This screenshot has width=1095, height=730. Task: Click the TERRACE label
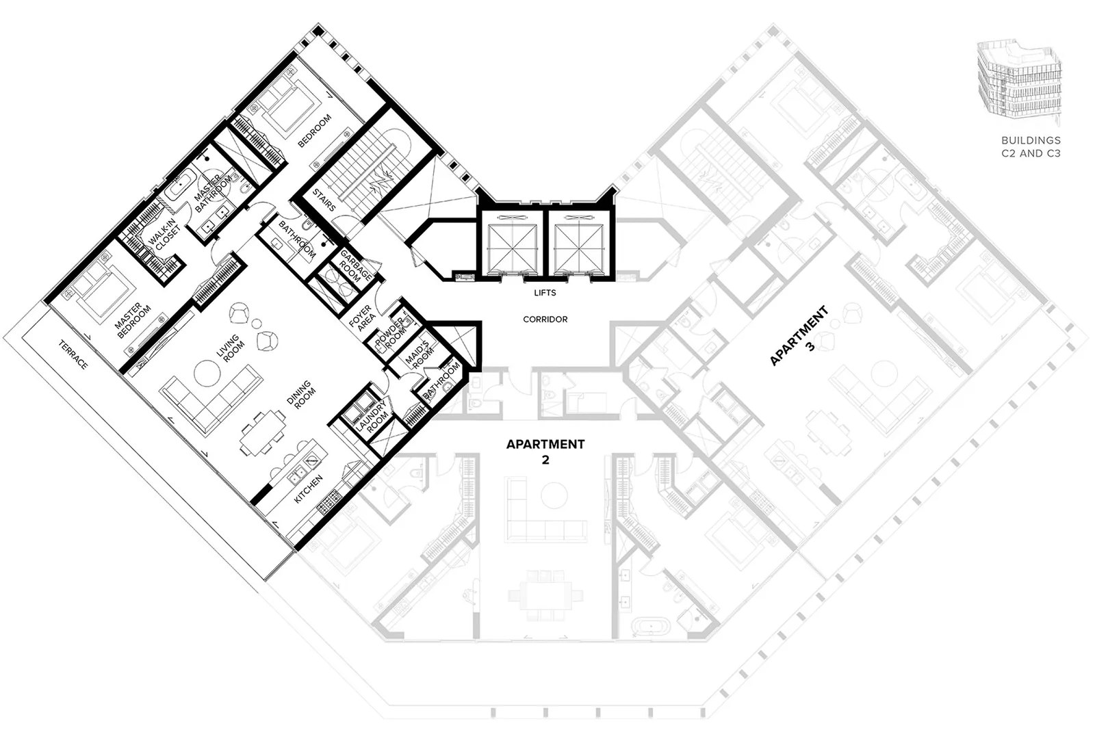(x=73, y=354)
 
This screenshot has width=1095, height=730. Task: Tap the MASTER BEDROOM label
(x=133, y=320)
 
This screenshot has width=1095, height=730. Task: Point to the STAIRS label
(x=324, y=200)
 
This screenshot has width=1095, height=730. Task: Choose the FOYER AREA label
(x=363, y=318)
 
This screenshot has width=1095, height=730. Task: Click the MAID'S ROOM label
(x=420, y=355)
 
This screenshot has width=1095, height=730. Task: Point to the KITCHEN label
(x=308, y=489)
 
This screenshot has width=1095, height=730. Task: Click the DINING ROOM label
(x=302, y=394)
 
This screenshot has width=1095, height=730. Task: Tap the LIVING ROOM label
(x=231, y=348)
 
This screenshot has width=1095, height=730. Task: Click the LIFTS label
(x=545, y=293)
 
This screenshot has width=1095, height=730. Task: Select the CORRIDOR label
(x=545, y=319)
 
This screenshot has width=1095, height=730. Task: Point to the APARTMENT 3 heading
(x=801, y=336)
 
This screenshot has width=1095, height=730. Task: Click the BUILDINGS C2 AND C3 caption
(x=1031, y=146)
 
